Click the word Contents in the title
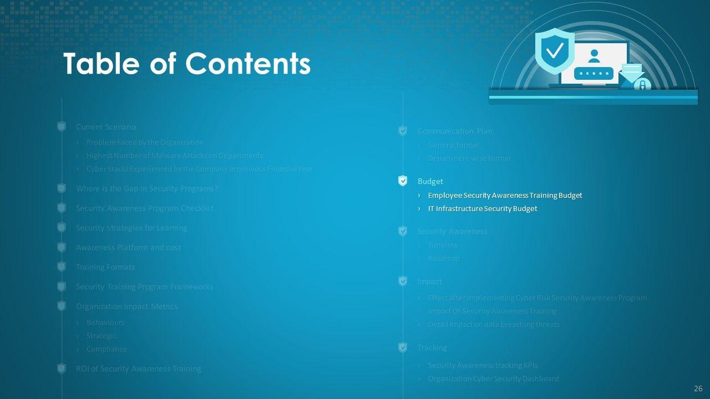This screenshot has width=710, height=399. coord(247,64)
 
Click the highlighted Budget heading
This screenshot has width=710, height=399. coord(430,181)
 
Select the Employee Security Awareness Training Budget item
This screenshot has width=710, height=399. coord(505,195)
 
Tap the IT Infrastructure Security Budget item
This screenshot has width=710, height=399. coord(482,209)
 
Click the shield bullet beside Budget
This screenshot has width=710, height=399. coord(403,181)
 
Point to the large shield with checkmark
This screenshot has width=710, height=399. coord(554,51)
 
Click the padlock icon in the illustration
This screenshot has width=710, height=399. coord(642,85)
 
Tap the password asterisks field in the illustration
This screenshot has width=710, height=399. coord(594,73)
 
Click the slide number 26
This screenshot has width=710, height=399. coord(698,388)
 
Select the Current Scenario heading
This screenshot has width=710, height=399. coord(105,127)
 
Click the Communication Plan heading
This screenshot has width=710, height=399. coord(454,131)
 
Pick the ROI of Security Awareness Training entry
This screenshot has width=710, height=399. coord(138,369)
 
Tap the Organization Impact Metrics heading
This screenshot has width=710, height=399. coord(126,306)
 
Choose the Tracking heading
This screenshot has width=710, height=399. coord(432,347)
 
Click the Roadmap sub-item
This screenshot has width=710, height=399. coord(443,258)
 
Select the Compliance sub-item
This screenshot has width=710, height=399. coord(106,349)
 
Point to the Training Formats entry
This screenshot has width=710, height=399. coord(105,267)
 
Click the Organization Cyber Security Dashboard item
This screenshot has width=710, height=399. coord(493,378)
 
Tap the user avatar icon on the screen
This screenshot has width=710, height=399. coord(594,56)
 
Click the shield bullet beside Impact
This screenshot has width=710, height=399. coord(403,282)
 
